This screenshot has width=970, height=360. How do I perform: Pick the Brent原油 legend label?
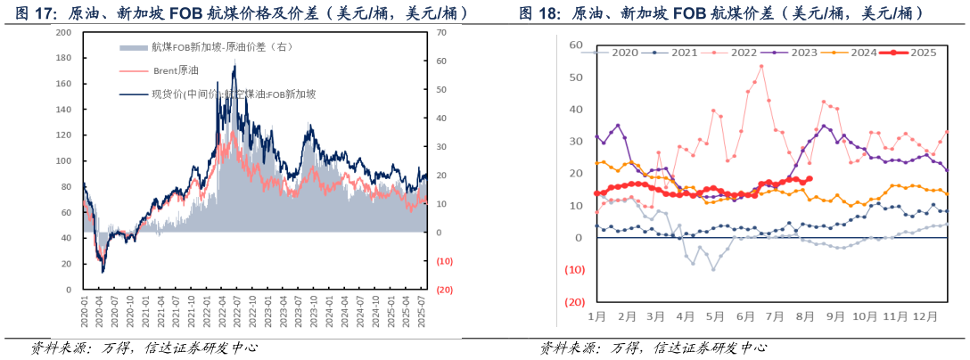tap(175, 70)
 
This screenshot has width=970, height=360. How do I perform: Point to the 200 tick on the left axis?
tap(63, 32)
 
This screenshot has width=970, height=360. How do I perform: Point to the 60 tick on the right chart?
tap(575, 45)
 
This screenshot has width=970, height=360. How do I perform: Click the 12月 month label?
tap(925, 316)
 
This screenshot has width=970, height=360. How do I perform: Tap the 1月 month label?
tap(597, 316)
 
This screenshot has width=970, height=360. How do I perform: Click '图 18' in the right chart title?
tap(538, 13)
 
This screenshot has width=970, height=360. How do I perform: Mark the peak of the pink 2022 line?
tap(761, 66)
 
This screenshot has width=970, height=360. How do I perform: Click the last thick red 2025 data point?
tap(808, 178)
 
